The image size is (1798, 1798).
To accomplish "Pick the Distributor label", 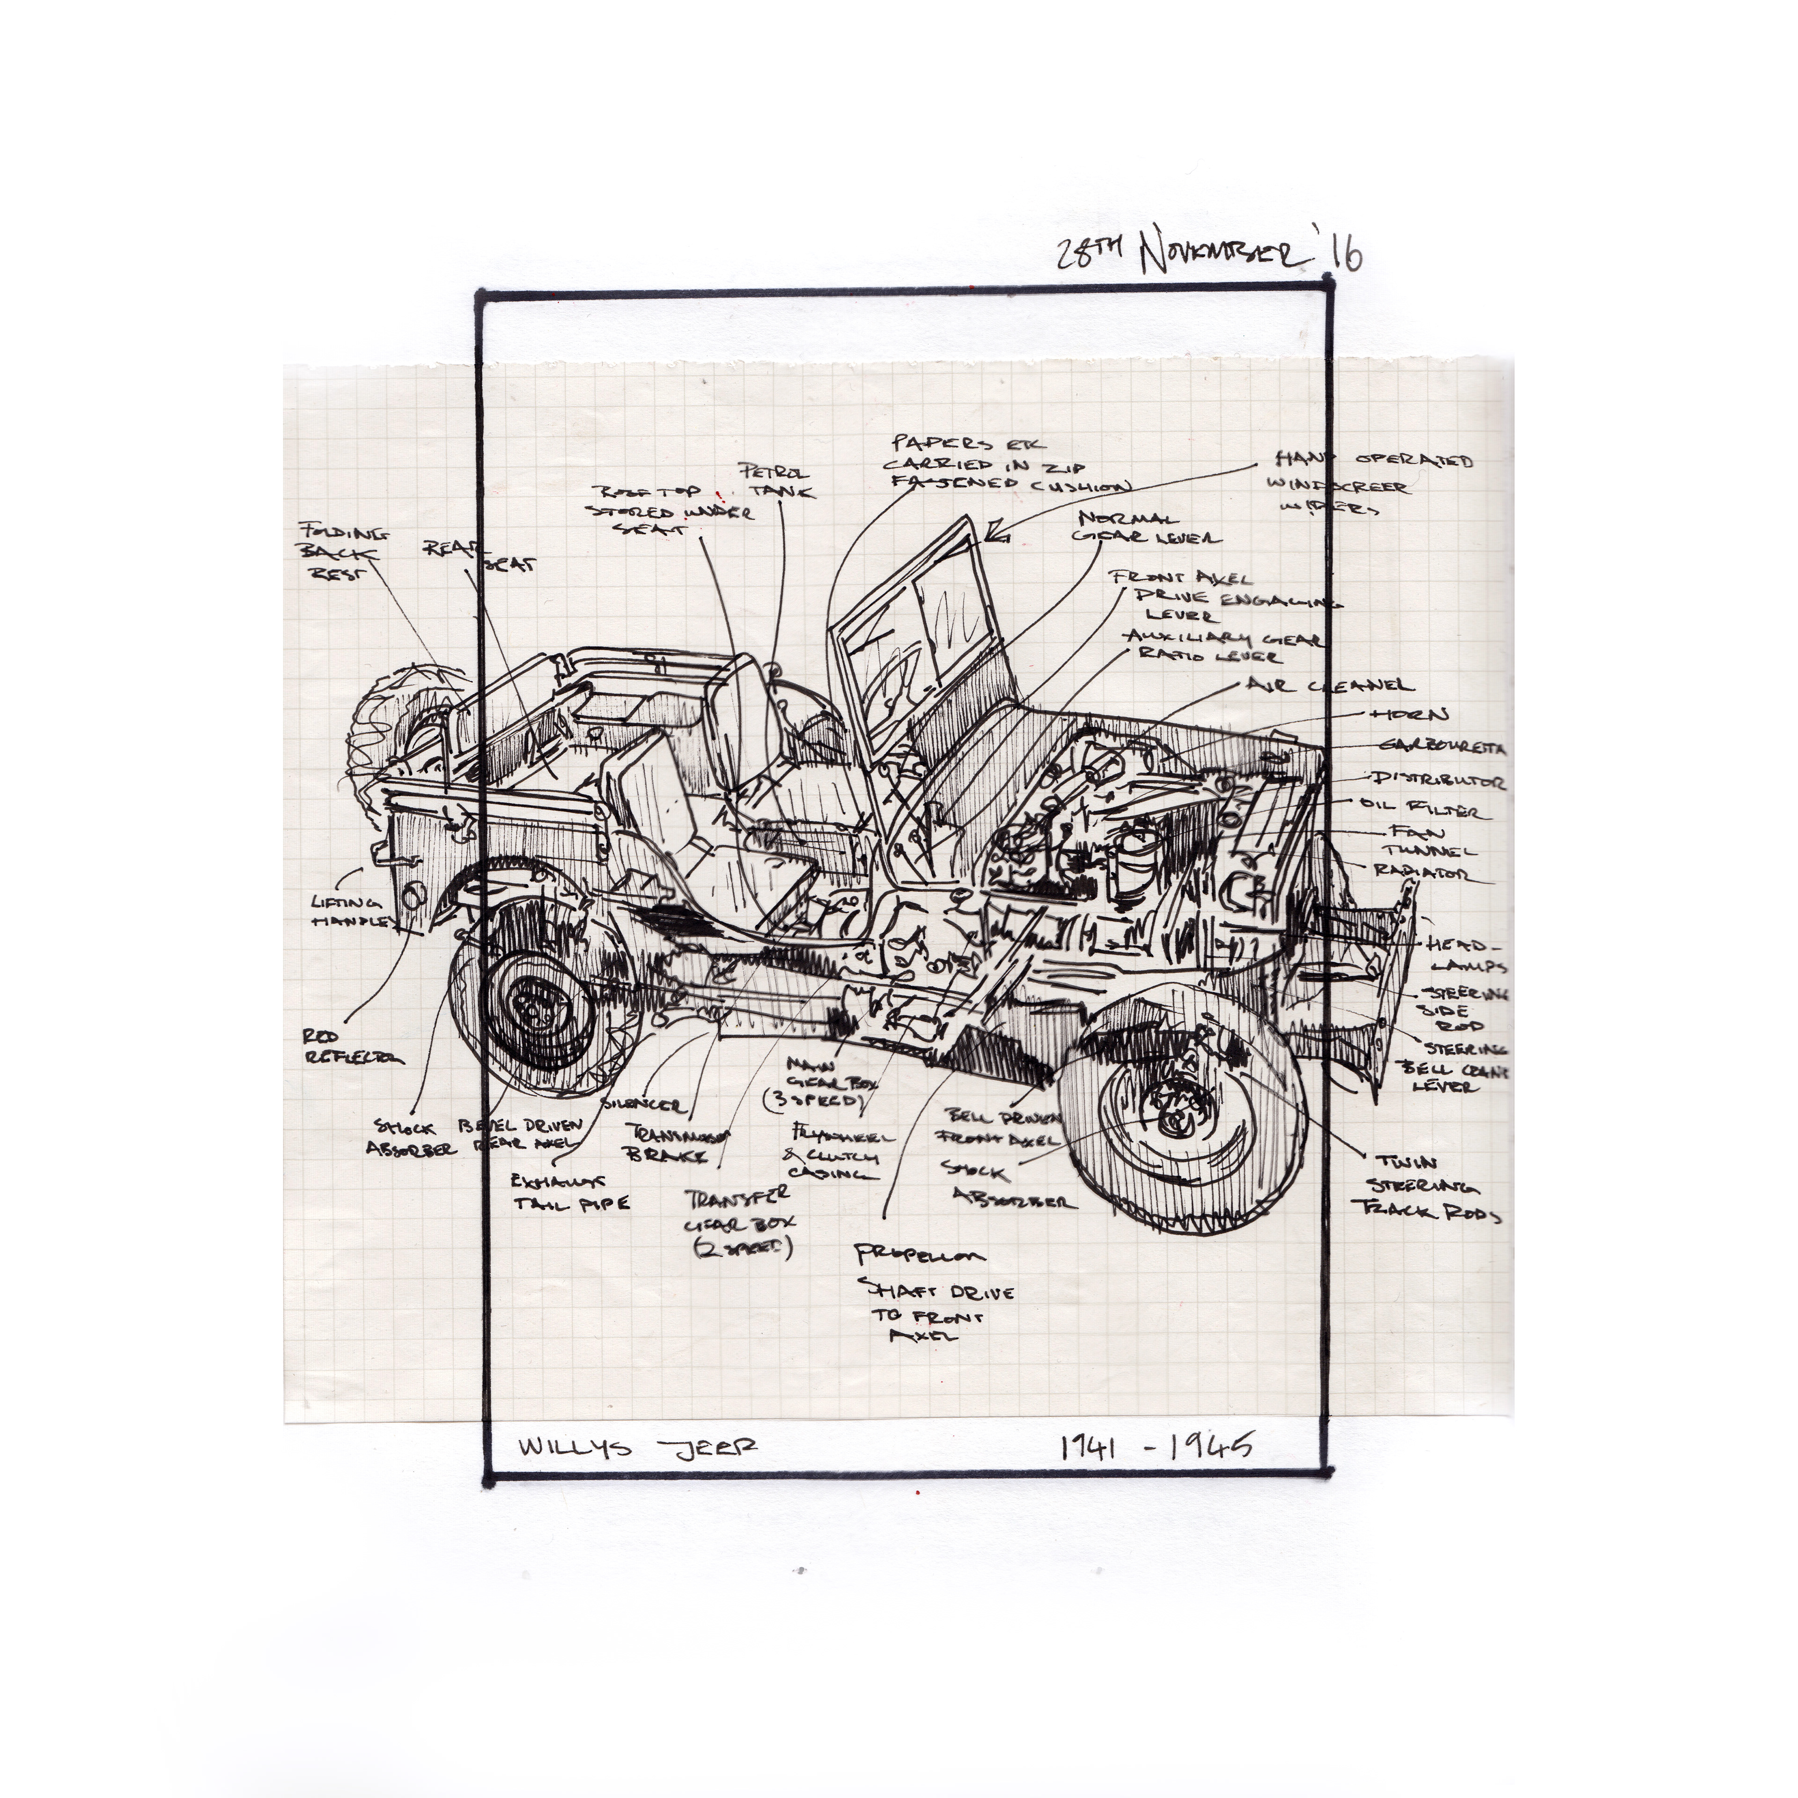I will coord(1436,780).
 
